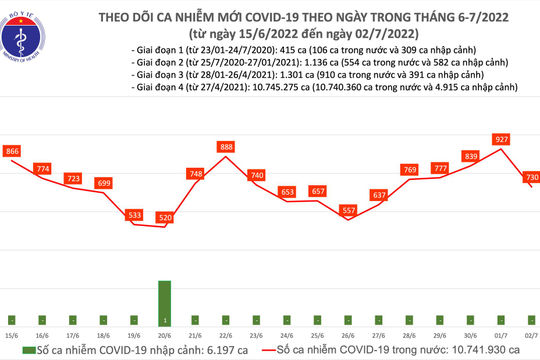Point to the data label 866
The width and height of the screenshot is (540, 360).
pos(13,150)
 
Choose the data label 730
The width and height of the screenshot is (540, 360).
pos(532,176)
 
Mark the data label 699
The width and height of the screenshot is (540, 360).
pos(103,183)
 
